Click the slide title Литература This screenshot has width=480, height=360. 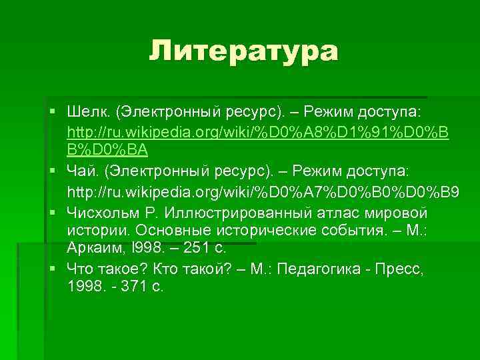coord(243,51)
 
